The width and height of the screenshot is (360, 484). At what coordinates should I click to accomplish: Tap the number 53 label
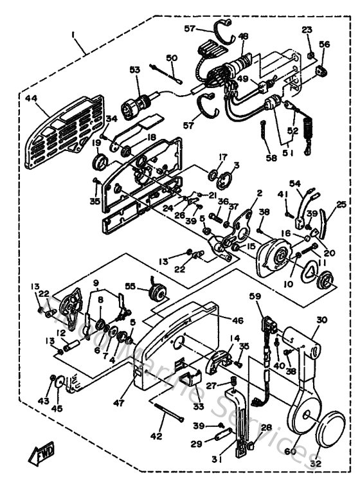(134, 69)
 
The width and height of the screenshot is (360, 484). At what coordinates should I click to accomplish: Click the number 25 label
(341, 204)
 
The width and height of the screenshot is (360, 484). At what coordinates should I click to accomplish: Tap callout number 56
(325, 44)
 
